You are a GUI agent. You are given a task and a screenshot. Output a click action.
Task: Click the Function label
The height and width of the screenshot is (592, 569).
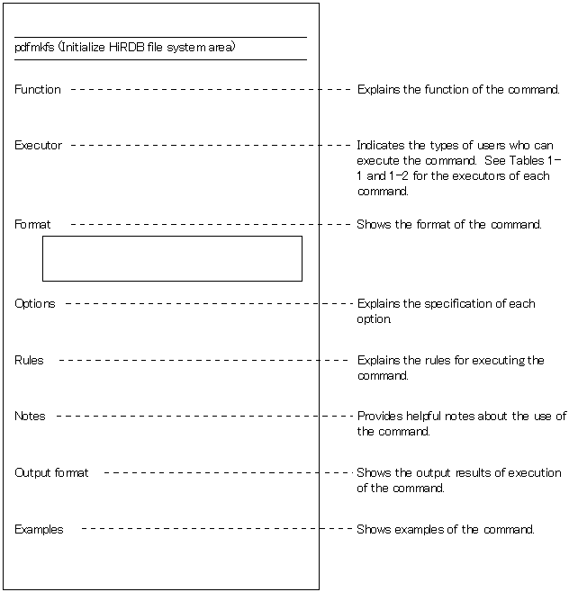click(x=38, y=90)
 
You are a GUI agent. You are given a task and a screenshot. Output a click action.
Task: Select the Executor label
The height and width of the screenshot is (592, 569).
click(x=38, y=146)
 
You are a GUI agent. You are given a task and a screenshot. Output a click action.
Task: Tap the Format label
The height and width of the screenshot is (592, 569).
click(x=32, y=225)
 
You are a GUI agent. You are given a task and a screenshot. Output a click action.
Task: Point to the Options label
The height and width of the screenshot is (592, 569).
click(x=34, y=304)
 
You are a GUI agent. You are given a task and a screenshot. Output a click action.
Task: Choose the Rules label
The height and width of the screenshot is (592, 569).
click(x=29, y=361)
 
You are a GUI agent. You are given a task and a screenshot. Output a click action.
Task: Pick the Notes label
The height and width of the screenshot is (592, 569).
click(x=30, y=417)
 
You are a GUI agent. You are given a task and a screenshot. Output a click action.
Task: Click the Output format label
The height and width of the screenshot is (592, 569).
click(x=51, y=473)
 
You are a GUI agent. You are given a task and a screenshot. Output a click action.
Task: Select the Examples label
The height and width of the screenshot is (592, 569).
click(x=39, y=530)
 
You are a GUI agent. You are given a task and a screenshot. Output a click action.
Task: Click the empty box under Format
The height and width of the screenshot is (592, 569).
click(x=172, y=259)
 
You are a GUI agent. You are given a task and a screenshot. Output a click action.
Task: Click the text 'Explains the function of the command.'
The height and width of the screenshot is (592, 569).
click(x=458, y=90)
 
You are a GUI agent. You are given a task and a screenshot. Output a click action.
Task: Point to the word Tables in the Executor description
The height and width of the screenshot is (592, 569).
click(x=528, y=160)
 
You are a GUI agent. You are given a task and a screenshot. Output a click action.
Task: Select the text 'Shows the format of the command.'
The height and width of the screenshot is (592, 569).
click(x=449, y=225)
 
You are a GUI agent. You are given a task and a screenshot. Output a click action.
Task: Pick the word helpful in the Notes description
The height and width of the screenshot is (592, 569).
click(x=429, y=417)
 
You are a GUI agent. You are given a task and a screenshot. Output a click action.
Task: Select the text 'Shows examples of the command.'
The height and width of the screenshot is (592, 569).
click(x=446, y=530)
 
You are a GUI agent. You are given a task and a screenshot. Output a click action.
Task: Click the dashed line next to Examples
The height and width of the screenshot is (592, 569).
click(x=216, y=529)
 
